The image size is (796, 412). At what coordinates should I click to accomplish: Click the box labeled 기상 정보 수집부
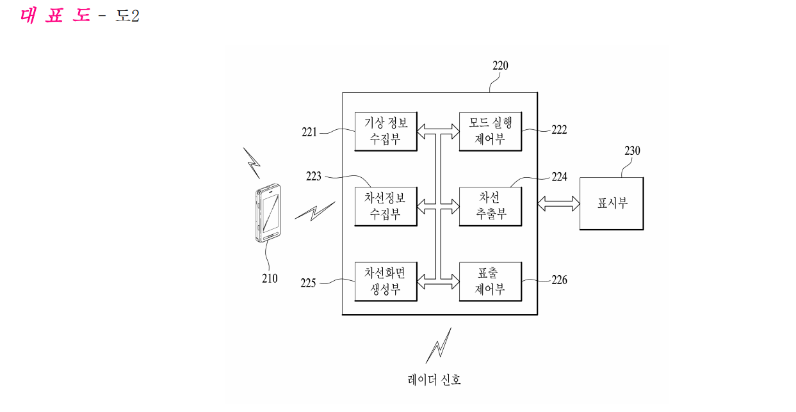pyautogui.click(x=386, y=131)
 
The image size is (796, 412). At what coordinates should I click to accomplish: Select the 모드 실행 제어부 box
pyautogui.click(x=491, y=131)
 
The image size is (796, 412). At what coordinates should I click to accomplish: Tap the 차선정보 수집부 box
pyautogui.click(x=386, y=207)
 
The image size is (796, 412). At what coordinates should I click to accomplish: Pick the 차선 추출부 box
pyautogui.click(x=491, y=207)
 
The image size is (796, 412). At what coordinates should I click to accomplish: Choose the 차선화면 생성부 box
pyautogui.click(x=386, y=281)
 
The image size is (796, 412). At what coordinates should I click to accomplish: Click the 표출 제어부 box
pyautogui.click(x=491, y=281)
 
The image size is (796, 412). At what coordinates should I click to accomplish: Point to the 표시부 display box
pyautogui.click(x=612, y=203)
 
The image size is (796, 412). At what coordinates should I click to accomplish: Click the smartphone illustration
pyautogui.click(x=268, y=213)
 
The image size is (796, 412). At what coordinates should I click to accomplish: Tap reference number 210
pyautogui.click(x=270, y=278)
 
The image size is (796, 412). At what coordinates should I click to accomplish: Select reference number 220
pyautogui.click(x=500, y=66)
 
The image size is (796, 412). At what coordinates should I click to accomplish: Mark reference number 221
pyautogui.click(x=309, y=132)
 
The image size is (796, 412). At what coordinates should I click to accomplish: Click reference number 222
pyautogui.click(x=559, y=130)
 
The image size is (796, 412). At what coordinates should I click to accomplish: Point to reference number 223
pyautogui.click(x=313, y=177)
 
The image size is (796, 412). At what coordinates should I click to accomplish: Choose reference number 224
pyautogui.click(x=559, y=177)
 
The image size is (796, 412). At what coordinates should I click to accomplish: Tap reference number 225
pyautogui.click(x=308, y=283)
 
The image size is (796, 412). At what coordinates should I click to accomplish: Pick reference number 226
pyautogui.click(x=559, y=280)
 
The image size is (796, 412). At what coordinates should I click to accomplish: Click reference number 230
pyautogui.click(x=633, y=151)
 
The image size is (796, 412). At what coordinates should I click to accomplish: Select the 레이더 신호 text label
pyautogui.click(x=434, y=380)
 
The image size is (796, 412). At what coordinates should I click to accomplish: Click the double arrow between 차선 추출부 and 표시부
pyautogui.click(x=558, y=203)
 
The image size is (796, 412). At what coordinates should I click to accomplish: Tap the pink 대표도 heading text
pyautogui.click(x=56, y=15)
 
